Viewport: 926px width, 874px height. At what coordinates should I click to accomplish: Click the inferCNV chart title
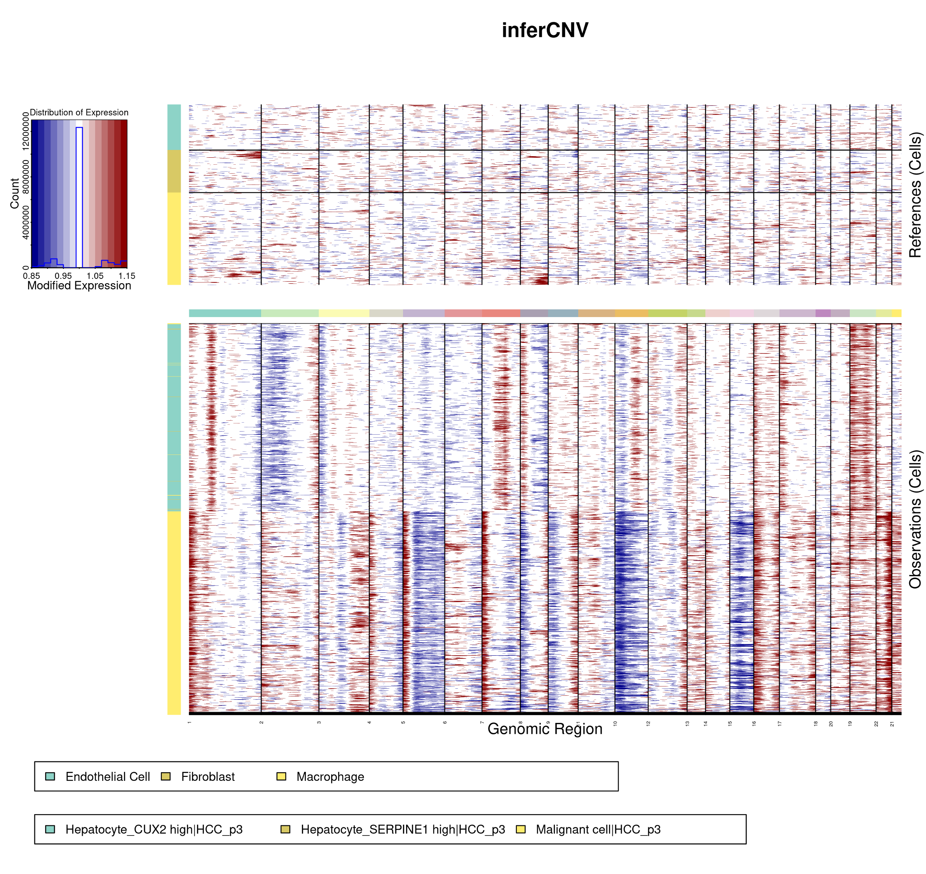(545, 30)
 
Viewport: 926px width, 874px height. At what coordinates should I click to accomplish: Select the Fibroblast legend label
(208, 777)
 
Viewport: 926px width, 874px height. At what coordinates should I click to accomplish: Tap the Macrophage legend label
(330, 777)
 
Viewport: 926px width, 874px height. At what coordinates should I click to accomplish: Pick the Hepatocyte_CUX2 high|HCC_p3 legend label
(154, 829)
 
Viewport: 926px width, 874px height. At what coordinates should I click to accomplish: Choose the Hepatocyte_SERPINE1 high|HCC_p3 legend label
(403, 829)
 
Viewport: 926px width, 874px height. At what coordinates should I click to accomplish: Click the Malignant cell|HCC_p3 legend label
(598, 829)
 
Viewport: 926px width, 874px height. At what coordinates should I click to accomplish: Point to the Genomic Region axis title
(545, 729)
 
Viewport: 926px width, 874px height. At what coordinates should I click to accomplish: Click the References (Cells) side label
(915, 195)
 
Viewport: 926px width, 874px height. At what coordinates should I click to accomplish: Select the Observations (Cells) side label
(915, 519)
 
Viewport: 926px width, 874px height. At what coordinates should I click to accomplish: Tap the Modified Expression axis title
(79, 286)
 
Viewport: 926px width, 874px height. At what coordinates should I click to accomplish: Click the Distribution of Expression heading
(79, 112)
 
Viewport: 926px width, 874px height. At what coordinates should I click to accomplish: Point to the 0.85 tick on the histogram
(32, 276)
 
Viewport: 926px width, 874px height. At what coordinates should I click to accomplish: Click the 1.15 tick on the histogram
(126, 276)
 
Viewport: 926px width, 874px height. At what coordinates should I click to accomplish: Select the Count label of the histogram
(14, 193)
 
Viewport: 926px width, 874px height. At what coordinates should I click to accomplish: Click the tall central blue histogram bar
(79, 196)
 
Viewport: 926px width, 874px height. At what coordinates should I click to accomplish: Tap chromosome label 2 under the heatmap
(262, 722)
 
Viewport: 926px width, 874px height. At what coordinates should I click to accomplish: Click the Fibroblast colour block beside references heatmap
(174, 171)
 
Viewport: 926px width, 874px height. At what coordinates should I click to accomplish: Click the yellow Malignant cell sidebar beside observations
(174, 612)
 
